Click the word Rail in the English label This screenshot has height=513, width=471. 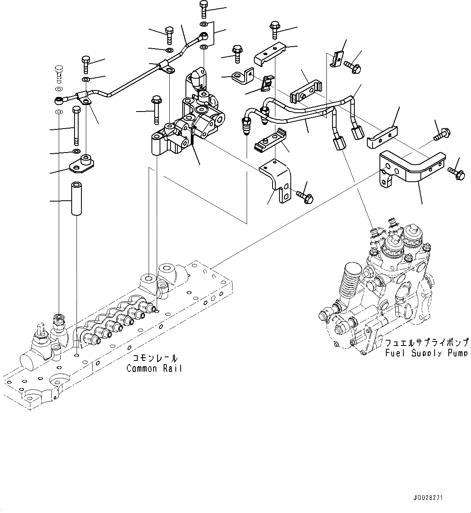coord(172,368)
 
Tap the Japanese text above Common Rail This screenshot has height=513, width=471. coord(155,358)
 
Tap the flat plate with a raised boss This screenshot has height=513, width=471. coord(83,164)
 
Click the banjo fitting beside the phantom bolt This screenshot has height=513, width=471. coord(60,99)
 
